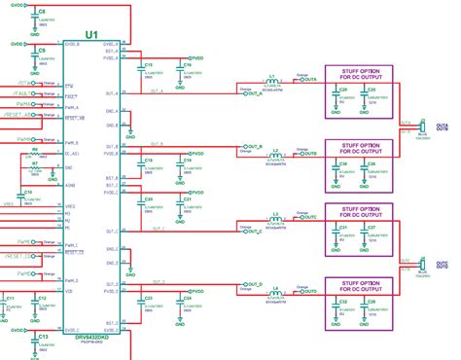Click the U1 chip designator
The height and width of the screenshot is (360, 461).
click(x=92, y=35)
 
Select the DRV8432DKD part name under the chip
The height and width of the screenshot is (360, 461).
click(x=90, y=313)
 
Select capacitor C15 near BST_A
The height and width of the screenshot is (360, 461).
click(x=148, y=67)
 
